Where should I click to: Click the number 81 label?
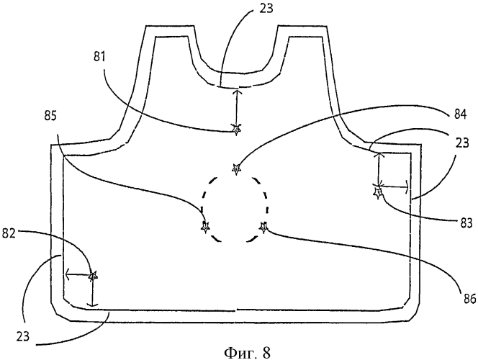(99, 57)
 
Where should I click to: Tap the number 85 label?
(50, 116)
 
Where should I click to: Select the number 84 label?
(460, 114)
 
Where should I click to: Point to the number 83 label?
(466, 222)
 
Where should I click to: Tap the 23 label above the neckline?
(266, 8)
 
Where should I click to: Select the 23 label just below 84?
(462, 143)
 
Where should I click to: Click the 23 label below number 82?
(23, 336)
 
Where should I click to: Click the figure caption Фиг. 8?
(247, 353)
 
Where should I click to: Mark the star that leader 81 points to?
(236, 130)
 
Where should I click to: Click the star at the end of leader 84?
(236, 168)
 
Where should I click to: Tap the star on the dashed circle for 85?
(206, 227)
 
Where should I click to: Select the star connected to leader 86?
(263, 227)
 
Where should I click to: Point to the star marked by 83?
(378, 193)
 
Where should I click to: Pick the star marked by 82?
(93, 276)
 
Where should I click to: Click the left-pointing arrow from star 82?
(77, 274)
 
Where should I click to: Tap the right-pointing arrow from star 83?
(394, 186)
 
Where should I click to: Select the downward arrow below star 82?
(91, 292)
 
